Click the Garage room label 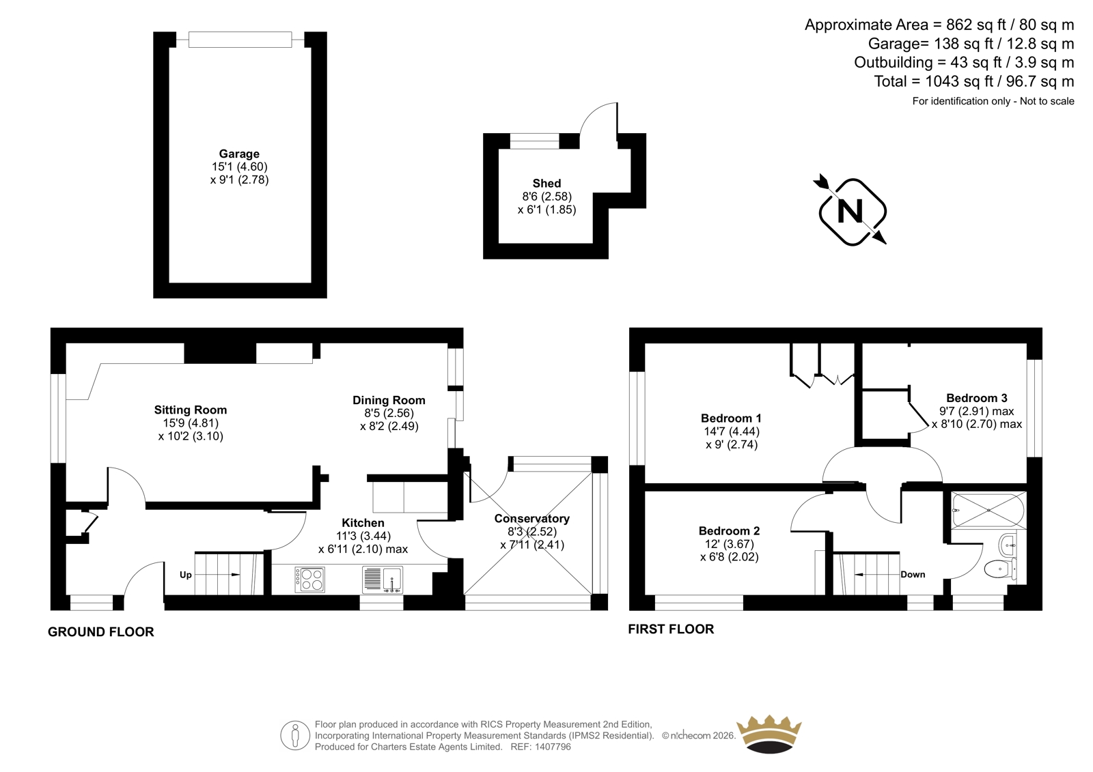pyautogui.click(x=239, y=154)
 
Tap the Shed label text pyautogui.click(x=546, y=184)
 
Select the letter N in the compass pyautogui.click(x=850, y=211)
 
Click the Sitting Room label pyautogui.click(x=191, y=410)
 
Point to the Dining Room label pyautogui.click(x=389, y=401)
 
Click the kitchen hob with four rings pyautogui.click(x=309, y=580)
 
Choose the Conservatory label pyautogui.click(x=531, y=519)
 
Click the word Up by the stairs pyautogui.click(x=185, y=575)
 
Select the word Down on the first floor pyautogui.click(x=913, y=575)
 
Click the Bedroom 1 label pyautogui.click(x=731, y=418)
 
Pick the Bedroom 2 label pyautogui.click(x=729, y=531)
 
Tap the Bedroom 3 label pyautogui.click(x=976, y=398)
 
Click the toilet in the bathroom pyautogui.click(x=999, y=568)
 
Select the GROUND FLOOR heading pyautogui.click(x=101, y=632)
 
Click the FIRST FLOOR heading pyautogui.click(x=671, y=629)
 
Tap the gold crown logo pyautogui.click(x=769, y=734)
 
